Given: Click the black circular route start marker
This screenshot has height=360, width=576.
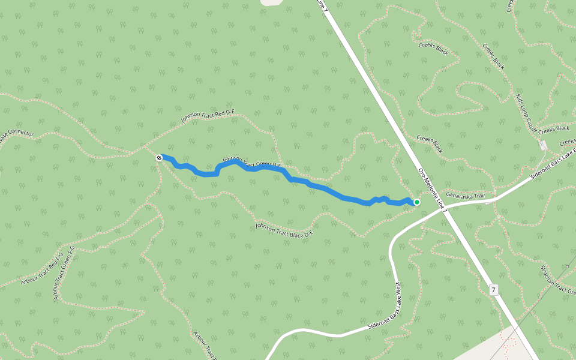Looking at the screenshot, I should (159, 158).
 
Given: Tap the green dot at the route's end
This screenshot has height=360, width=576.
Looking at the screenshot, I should (416, 202).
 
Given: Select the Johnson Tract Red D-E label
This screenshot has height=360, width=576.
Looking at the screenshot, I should (208, 116).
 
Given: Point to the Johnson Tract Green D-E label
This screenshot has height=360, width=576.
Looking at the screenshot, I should (252, 163).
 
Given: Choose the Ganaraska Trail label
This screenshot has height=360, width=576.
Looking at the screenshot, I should (470, 195).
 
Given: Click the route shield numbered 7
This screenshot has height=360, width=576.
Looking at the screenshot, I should (493, 290).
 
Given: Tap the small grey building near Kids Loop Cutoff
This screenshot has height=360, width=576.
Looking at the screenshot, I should (543, 145).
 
